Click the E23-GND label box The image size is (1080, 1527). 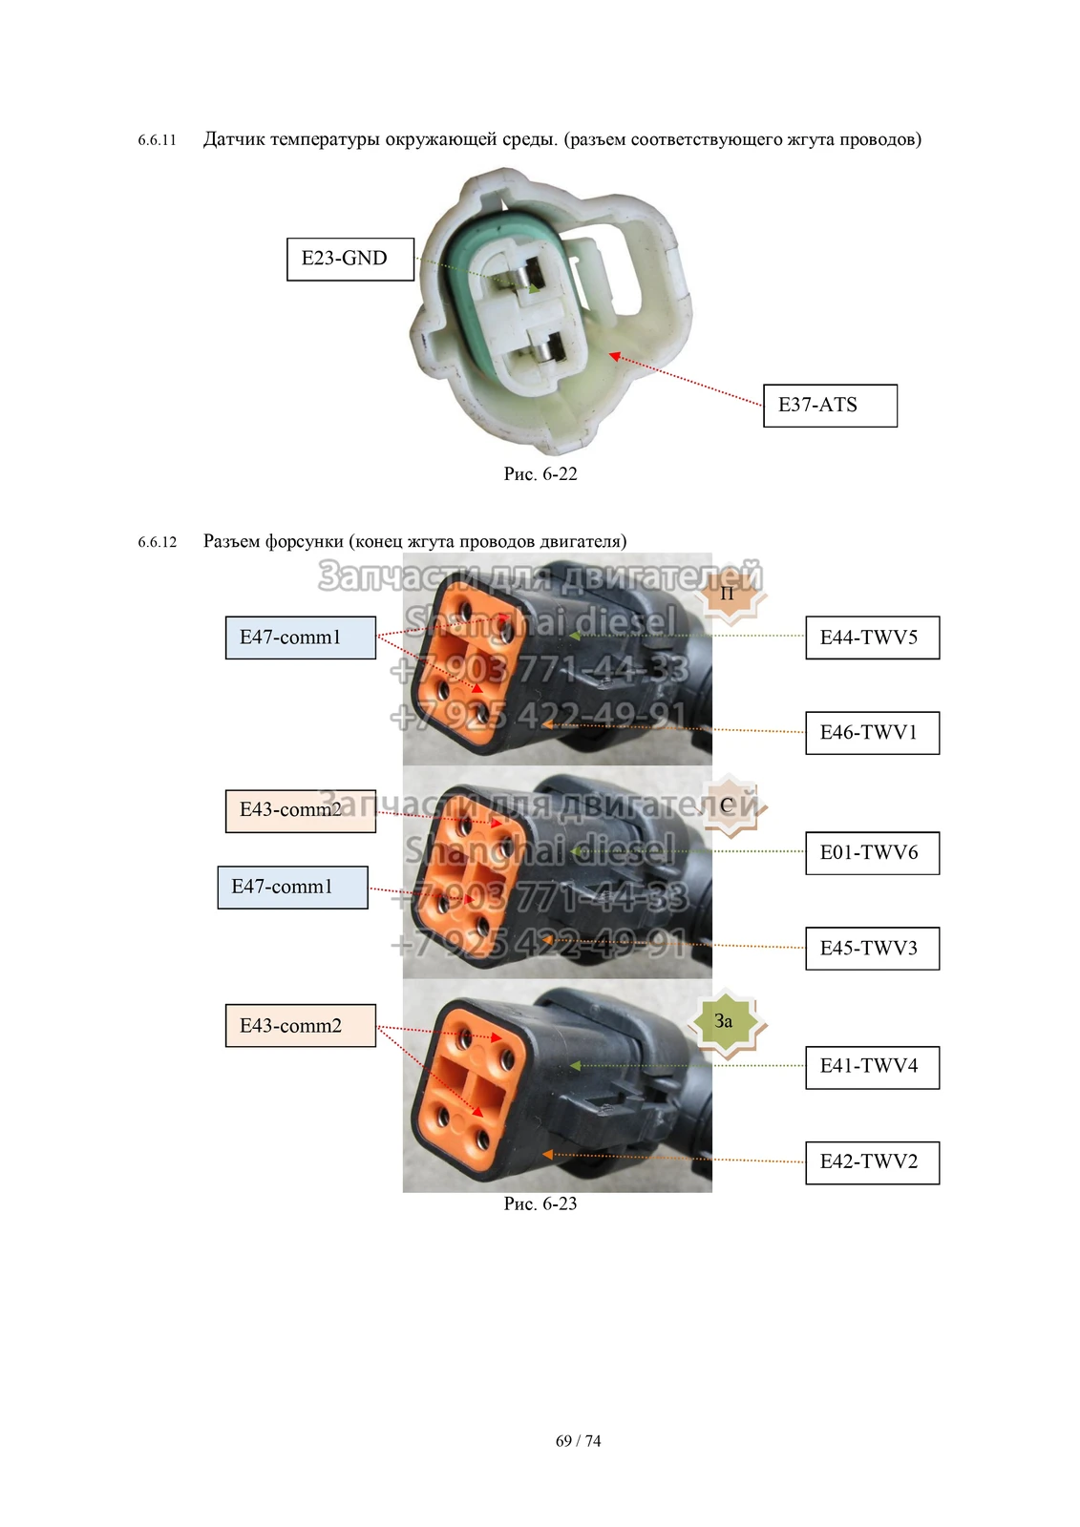(x=349, y=259)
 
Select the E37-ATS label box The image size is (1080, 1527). (x=830, y=405)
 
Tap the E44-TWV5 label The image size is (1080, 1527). (x=872, y=638)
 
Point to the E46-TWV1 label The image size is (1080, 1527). (x=872, y=733)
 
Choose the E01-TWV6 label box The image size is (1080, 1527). (x=872, y=853)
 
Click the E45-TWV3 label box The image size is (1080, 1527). (x=872, y=949)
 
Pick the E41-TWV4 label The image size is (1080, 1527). (x=872, y=1067)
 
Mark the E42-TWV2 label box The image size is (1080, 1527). (x=872, y=1162)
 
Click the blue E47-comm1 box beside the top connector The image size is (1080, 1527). (x=300, y=638)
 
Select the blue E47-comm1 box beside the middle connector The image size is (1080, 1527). (x=292, y=888)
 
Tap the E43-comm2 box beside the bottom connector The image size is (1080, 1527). (x=300, y=1026)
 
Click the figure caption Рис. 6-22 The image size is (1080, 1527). (x=540, y=474)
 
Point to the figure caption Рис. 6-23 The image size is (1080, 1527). (x=540, y=1204)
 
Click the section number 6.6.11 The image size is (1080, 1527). (x=158, y=140)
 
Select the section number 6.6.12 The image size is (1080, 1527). (x=158, y=543)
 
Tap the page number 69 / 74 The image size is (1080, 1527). (x=579, y=1441)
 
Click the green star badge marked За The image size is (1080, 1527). (x=725, y=1022)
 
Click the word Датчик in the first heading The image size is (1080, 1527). (x=234, y=139)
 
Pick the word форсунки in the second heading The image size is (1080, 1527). (x=306, y=542)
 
